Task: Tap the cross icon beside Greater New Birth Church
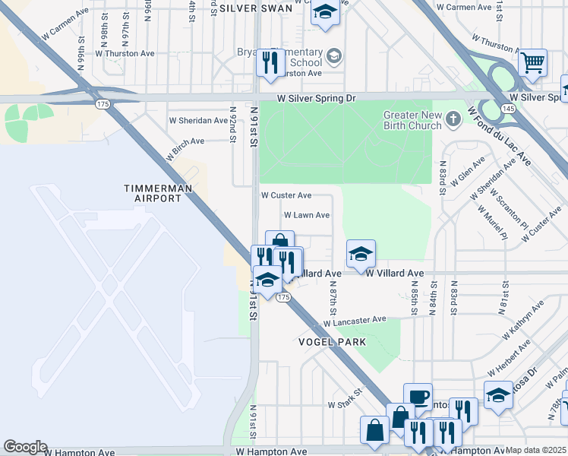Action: [x=453, y=119]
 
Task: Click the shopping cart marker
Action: [x=533, y=63]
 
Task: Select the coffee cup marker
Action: [x=418, y=397]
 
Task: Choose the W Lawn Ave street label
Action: [x=306, y=215]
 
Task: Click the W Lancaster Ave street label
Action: [x=355, y=321]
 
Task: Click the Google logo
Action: [x=26, y=447]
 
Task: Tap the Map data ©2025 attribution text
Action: [x=535, y=451]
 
